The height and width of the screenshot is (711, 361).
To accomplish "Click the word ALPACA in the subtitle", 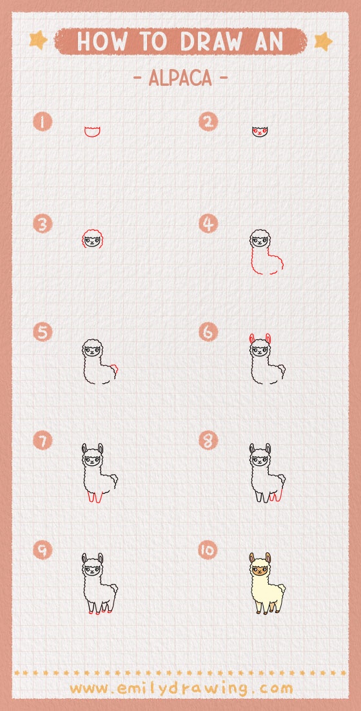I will [180, 78].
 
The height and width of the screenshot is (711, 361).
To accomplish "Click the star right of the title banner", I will [323, 41].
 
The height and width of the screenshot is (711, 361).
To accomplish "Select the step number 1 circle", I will [43, 122].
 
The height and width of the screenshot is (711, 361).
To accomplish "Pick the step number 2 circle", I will [208, 122].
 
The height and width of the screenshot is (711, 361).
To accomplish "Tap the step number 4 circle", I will [208, 225].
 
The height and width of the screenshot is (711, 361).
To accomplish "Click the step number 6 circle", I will [208, 332].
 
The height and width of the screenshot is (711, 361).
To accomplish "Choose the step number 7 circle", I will [43, 441].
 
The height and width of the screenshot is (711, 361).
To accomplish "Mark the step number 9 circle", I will [43, 550].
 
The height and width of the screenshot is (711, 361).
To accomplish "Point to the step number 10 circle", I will [208, 550].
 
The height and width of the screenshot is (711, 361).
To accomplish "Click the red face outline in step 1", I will [93, 132].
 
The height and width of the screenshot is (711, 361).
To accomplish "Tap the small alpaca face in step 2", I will [259, 132].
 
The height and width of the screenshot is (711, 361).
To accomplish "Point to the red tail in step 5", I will [115, 371].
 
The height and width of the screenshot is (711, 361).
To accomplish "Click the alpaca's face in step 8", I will [259, 461].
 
